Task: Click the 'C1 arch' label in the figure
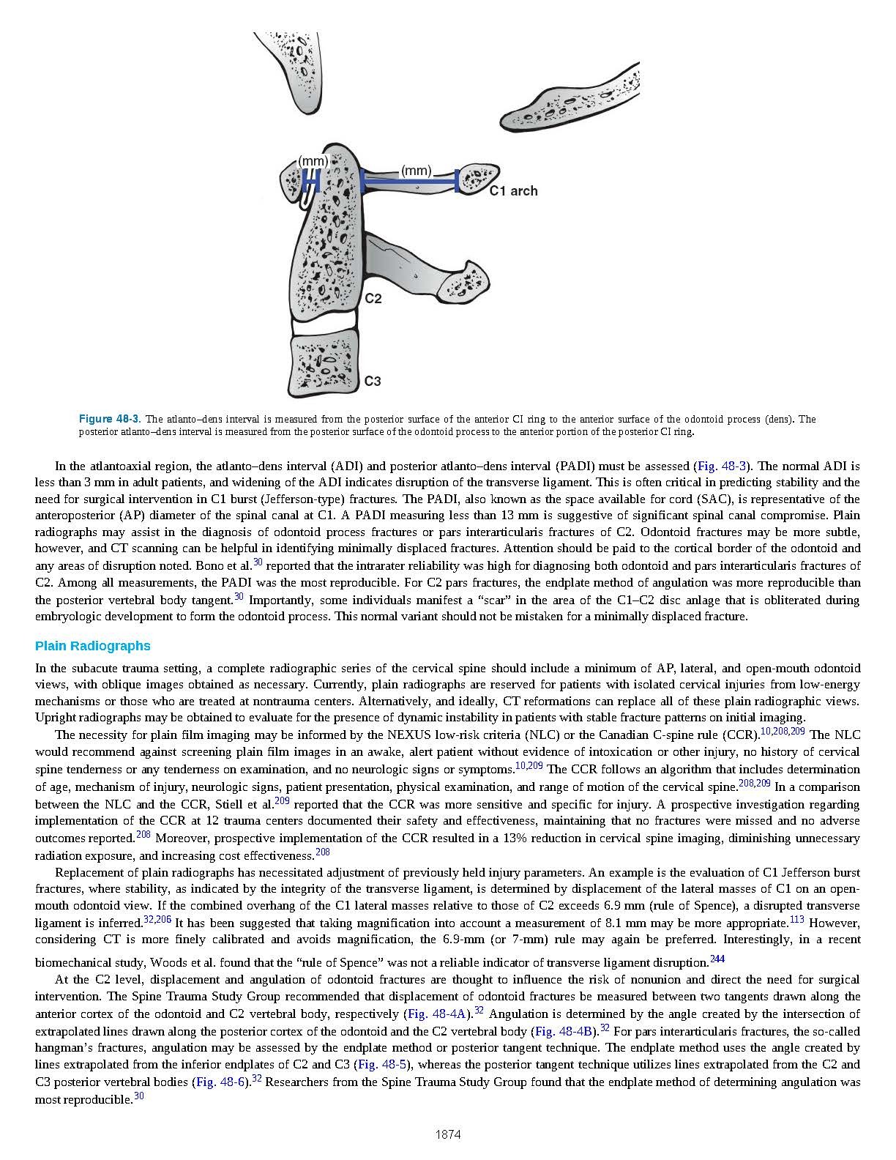(x=513, y=191)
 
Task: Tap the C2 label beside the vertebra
(x=373, y=299)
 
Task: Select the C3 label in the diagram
(x=373, y=382)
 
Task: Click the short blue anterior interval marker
(x=312, y=178)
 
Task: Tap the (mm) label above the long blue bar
(x=417, y=171)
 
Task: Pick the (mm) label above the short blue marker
(x=313, y=160)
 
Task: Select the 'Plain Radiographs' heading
(x=93, y=646)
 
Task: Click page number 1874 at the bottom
(x=448, y=1135)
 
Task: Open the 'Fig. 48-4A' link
(x=437, y=1014)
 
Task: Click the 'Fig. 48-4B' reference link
(x=563, y=1031)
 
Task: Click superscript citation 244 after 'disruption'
(x=717, y=959)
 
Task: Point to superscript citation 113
(x=797, y=919)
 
